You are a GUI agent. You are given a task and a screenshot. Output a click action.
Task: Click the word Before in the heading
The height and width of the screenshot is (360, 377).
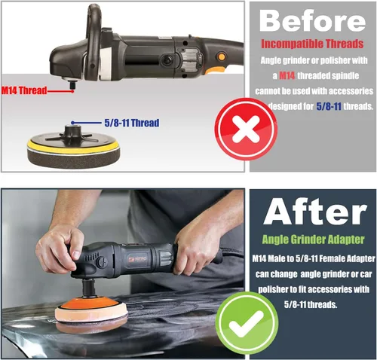click(312, 21)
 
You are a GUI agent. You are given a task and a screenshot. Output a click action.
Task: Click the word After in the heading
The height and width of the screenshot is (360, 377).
click(315, 211)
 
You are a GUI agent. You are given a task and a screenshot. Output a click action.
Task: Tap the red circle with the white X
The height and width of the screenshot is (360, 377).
click(246, 129)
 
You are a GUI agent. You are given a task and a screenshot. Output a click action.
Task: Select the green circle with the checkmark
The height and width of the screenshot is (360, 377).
click(247, 323)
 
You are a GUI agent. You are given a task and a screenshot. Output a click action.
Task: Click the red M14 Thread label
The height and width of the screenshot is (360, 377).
click(24, 90)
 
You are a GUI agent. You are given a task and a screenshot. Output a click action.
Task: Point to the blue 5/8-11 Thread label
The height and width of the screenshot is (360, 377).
click(132, 123)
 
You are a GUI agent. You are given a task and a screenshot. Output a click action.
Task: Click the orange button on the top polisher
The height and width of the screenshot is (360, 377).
click(222, 56)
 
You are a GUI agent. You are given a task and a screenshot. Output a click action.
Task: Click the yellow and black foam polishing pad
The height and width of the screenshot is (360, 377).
click(73, 151)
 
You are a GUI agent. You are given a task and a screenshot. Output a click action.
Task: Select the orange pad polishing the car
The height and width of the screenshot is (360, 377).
click(91, 311)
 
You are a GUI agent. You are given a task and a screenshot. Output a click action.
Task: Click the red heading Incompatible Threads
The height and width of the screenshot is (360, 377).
click(312, 44)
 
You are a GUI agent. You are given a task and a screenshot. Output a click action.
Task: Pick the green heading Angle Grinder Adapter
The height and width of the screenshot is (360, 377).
click(313, 239)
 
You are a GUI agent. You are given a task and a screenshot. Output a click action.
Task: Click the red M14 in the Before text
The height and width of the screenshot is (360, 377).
click(287, 75)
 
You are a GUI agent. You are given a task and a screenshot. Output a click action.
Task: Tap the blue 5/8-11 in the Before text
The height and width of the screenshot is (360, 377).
click(329, 106)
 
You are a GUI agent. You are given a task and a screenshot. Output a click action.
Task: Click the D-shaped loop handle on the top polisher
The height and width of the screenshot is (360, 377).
click(93, 40)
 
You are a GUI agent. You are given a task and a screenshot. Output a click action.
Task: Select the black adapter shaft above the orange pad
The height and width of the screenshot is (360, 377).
click(89, 288)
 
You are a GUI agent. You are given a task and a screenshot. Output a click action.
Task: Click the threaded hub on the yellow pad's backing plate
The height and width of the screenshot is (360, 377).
click(71, 132)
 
